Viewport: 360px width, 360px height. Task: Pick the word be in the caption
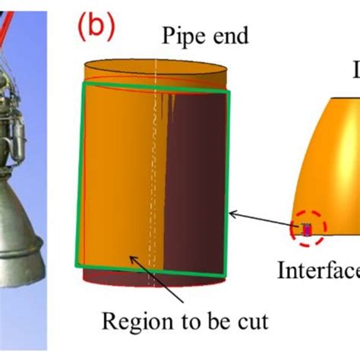[215, 321]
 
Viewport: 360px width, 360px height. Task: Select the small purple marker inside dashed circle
[308, 229]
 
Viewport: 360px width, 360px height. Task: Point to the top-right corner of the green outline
[226, 90]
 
